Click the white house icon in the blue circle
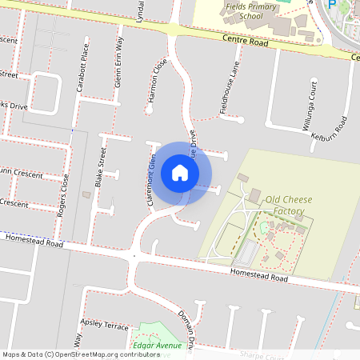[x=180, y=172]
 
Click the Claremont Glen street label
[x=150, y=182]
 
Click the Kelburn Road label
[x=330, y=126]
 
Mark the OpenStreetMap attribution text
[x=81, y=354]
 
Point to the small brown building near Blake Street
[x=87, y=194]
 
